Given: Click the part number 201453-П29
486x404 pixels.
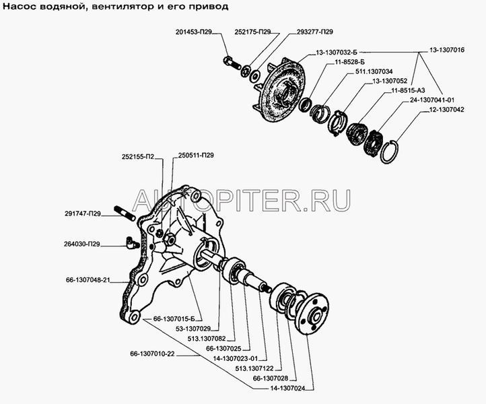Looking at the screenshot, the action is [193, 32].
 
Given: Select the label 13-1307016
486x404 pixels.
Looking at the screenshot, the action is [447, 50].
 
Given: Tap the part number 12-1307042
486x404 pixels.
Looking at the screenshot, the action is [446, 110].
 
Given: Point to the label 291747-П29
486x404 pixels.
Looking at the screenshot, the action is [83, 213].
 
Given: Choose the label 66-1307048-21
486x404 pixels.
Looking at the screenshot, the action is [88, 280].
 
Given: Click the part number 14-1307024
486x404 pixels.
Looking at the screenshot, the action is [287, 389].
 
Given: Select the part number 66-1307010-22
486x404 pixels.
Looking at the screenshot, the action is [153, 353].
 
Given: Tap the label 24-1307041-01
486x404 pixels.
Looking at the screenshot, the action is [431, 100].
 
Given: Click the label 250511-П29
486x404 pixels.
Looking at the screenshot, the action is [196, 155].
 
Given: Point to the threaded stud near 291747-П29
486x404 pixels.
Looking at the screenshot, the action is [125, 213].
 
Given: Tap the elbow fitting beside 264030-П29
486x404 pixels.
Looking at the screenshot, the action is [132, 243].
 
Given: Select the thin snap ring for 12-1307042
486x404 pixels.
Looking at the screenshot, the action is [389, 151].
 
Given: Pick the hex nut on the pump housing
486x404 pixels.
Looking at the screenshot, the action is [169, 238].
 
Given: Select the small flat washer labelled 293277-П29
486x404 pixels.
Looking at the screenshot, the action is [256, 75].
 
